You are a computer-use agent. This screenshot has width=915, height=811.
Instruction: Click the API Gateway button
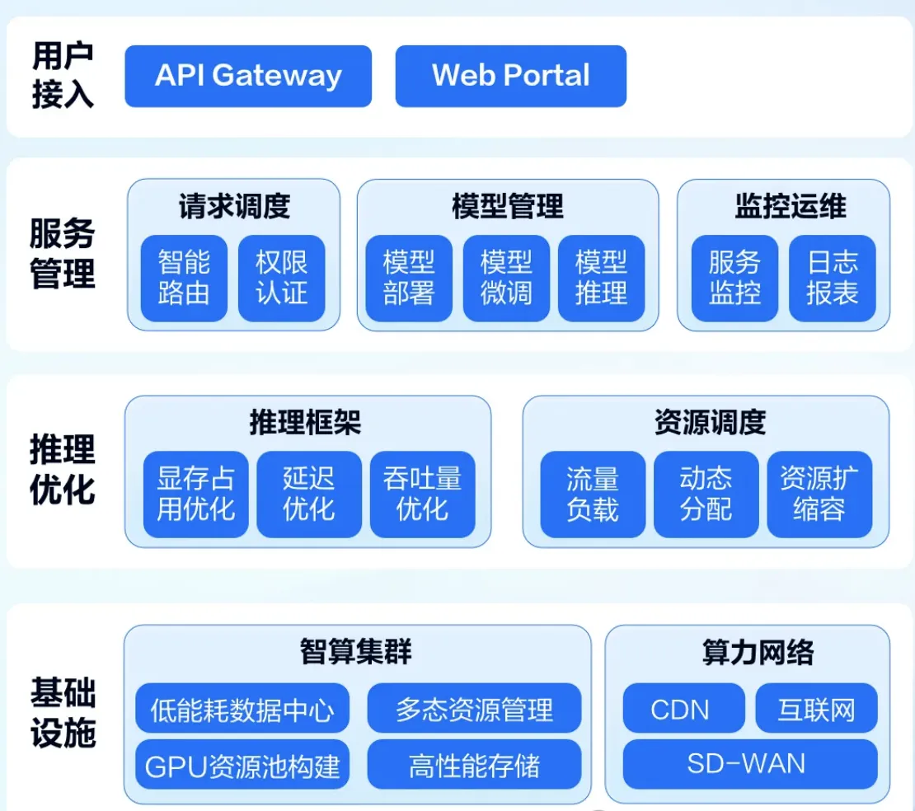(x=248, y=76)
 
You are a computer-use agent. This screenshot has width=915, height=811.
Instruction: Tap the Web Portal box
(x=511, y=76)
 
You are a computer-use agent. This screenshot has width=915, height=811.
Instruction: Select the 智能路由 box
(x=184, y=278)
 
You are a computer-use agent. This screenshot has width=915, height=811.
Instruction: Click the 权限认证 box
(x=282, y=278)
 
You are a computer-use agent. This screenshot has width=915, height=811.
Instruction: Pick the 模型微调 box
(x=506, y=278)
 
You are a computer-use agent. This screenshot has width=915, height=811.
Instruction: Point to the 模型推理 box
(x=602, y=278)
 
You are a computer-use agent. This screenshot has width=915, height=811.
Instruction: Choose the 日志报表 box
(x=833, y=278)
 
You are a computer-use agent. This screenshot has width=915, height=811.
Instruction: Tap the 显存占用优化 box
(x=196, y=495)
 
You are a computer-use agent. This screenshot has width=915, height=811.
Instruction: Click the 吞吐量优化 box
(x=423, y=495)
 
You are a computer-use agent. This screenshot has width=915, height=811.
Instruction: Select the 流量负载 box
(x=593, y=495)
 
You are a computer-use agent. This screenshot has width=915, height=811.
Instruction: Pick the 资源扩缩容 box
(x=819, y=495)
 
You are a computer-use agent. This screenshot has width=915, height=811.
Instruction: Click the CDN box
(x=680, y=710)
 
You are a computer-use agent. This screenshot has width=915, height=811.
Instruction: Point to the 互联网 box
(x=817, y=710)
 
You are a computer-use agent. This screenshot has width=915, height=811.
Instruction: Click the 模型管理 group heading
(x=508, y=206)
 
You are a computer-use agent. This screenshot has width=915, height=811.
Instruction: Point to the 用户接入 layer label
(x=63, y=76)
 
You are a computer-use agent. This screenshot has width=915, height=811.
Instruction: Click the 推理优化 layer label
(x=63, y=470)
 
